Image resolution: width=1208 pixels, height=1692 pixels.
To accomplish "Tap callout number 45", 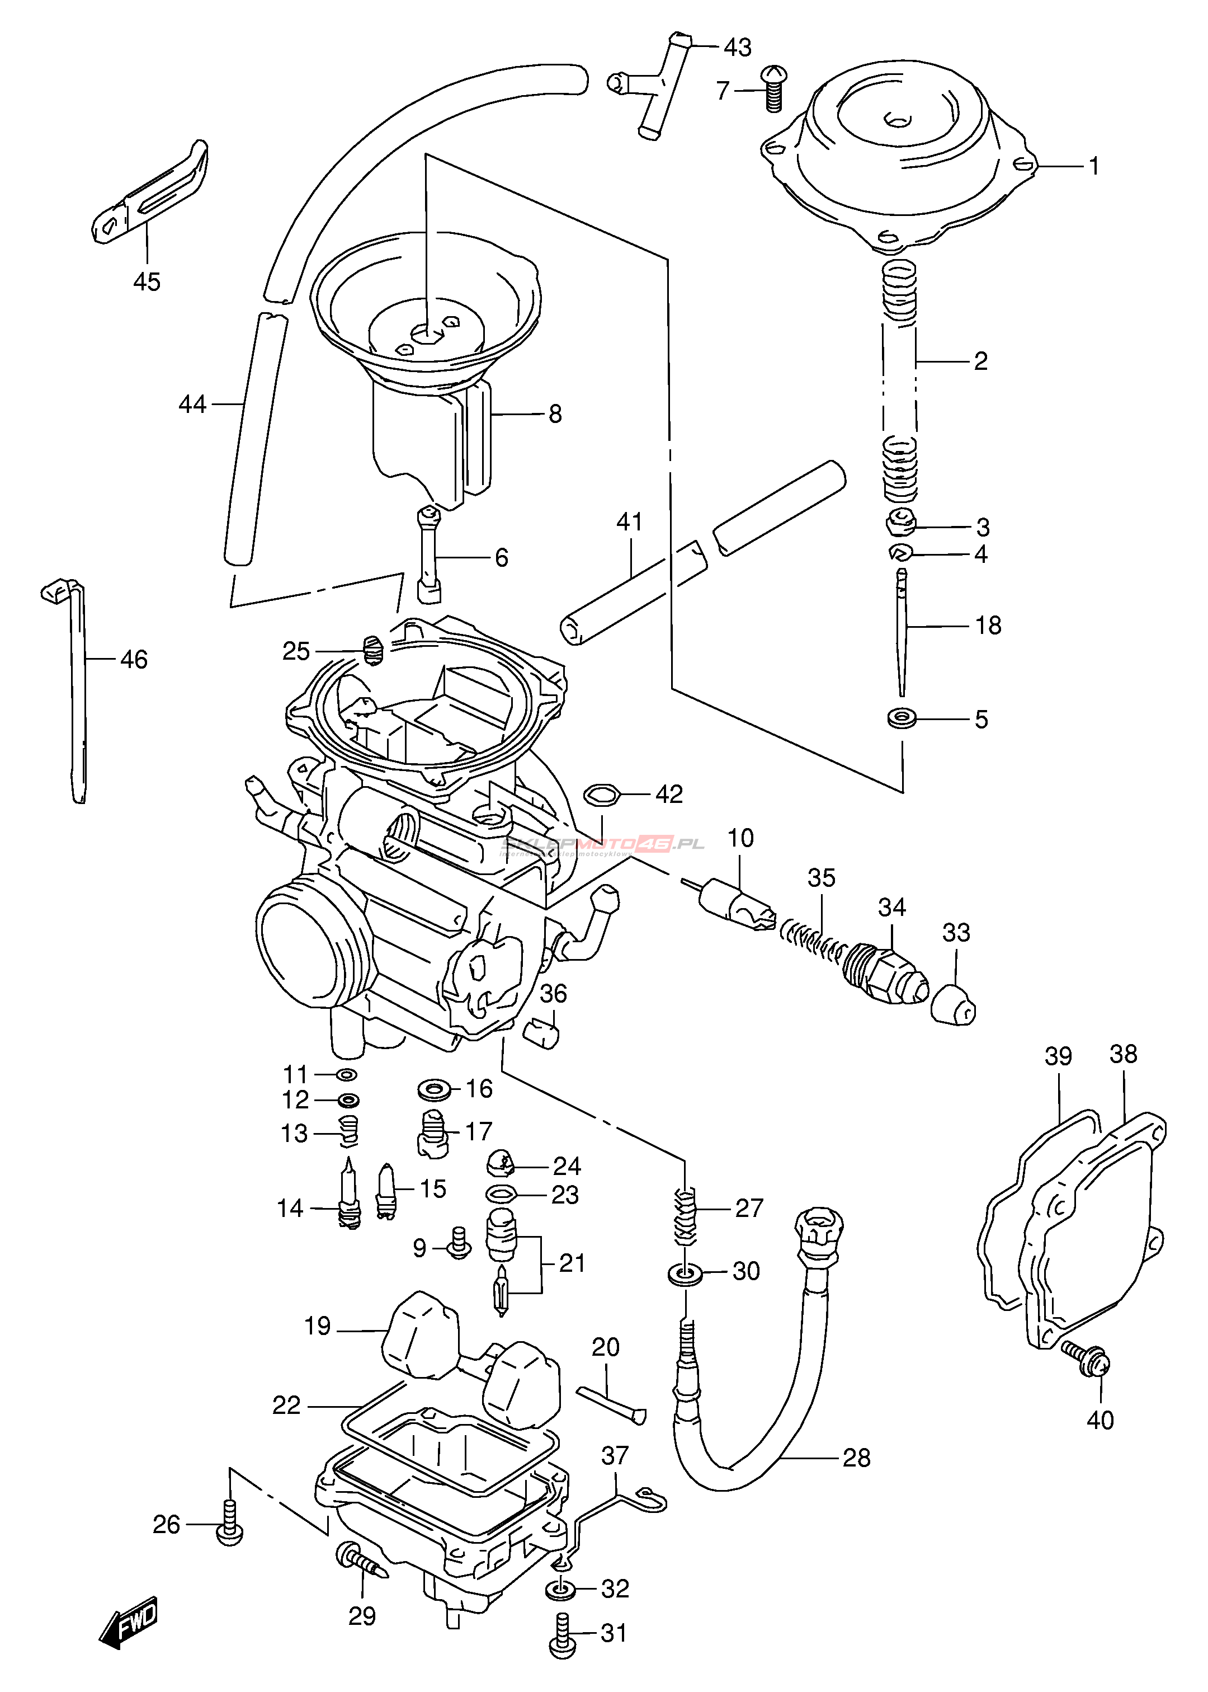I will point(147,281).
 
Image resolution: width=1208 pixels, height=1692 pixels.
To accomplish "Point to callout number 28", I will point(856,1458).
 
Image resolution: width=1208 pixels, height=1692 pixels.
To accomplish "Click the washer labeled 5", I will point(902,719).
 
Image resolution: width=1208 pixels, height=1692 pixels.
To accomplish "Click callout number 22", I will point(286,1405).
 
